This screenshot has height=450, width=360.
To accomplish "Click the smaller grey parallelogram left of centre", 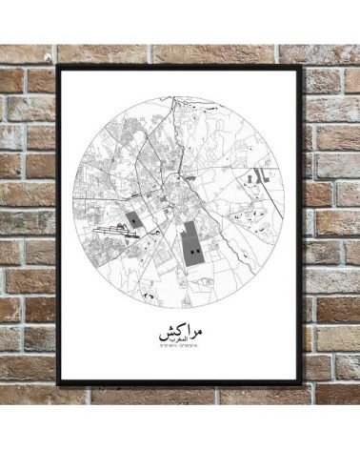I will pyautogui.click(x=135, y=221).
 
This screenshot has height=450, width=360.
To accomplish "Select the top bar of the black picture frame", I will pyautogui.click(x=179, y=68).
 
